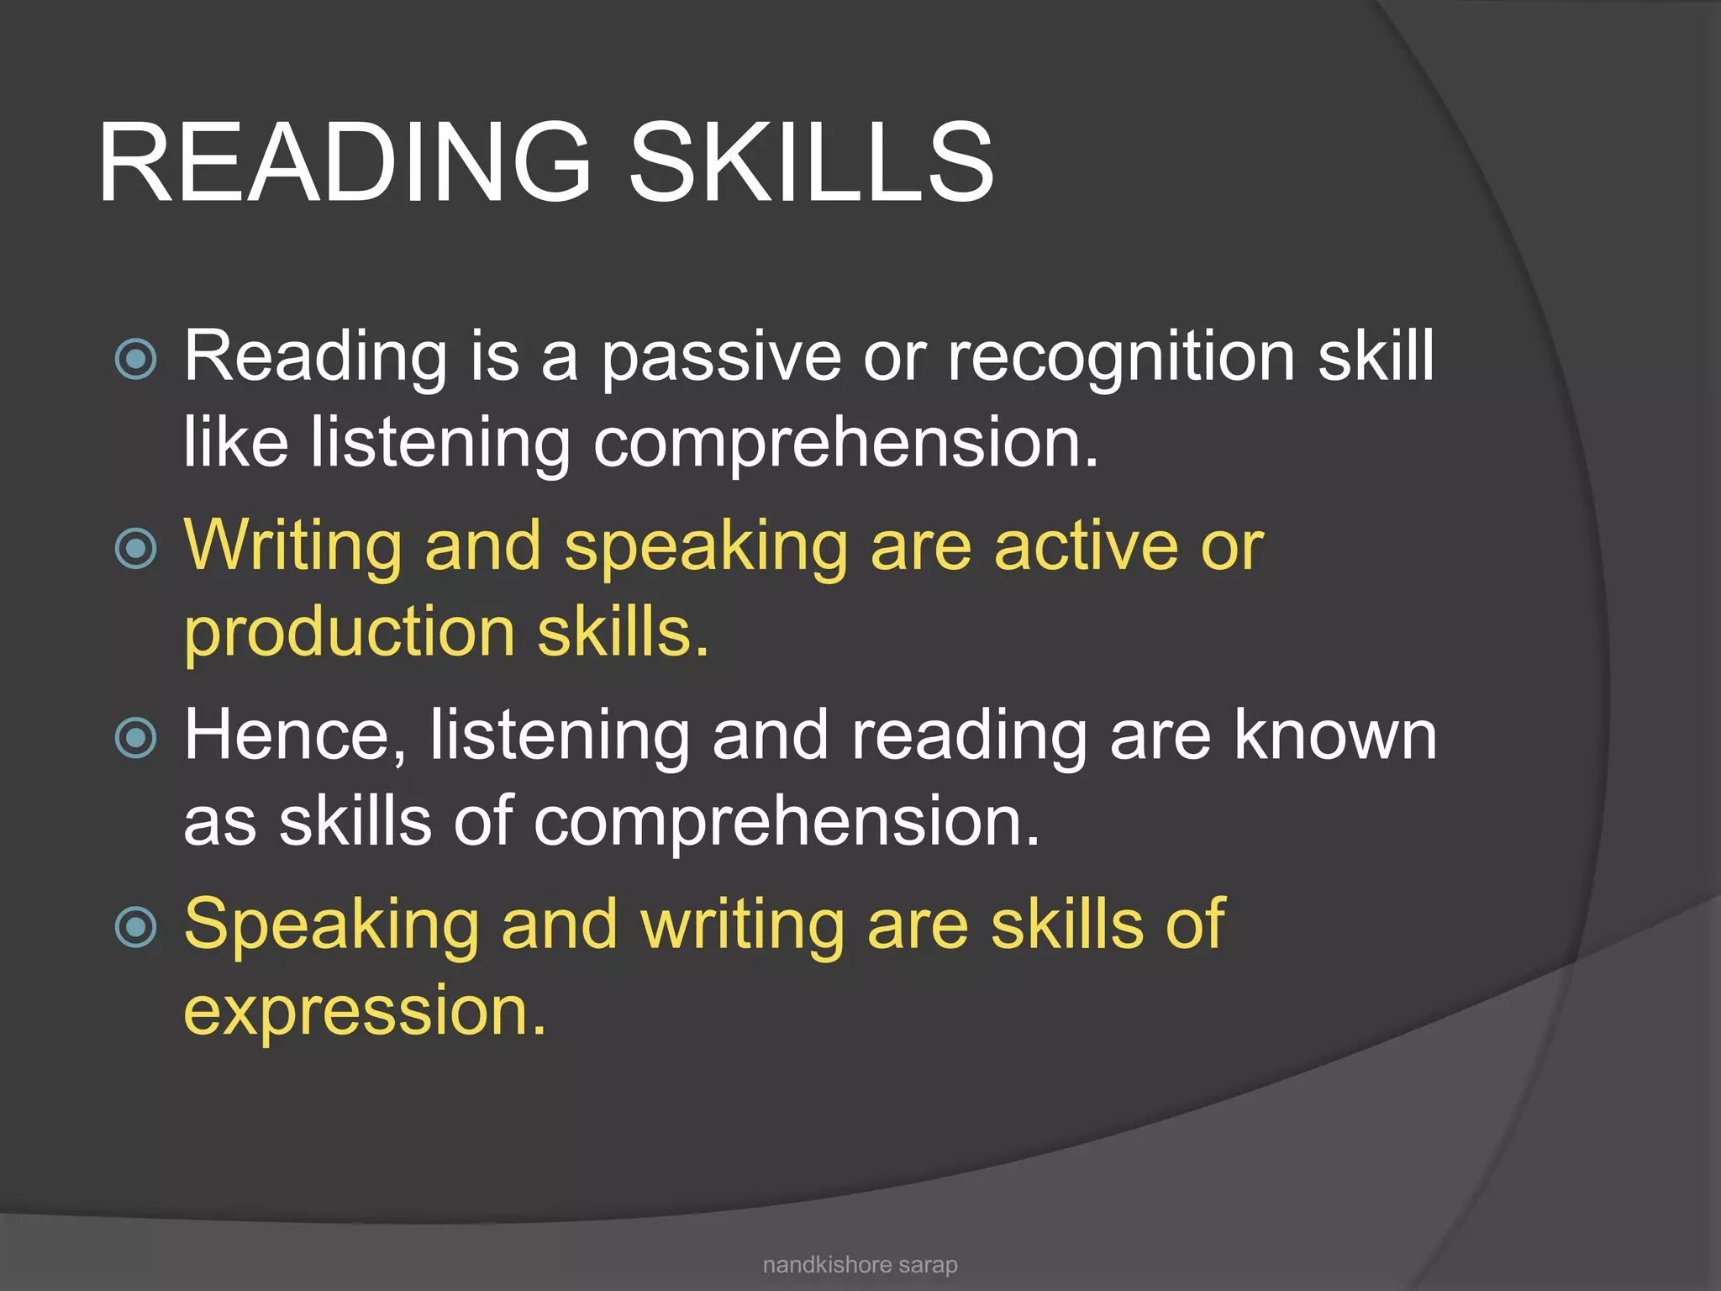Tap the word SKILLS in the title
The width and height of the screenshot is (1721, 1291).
tap(811, 161)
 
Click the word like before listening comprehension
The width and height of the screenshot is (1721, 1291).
tap(236, 442)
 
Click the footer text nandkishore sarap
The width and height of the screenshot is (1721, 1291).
tap(860, 1265)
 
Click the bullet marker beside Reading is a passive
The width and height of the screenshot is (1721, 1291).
tap(135, 360)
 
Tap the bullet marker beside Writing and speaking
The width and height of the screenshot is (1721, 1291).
tap(135, 549)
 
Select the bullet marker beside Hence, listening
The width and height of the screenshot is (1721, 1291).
tap(135, 738)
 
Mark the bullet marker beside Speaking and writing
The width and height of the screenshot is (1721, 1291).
tap(135, 927)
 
